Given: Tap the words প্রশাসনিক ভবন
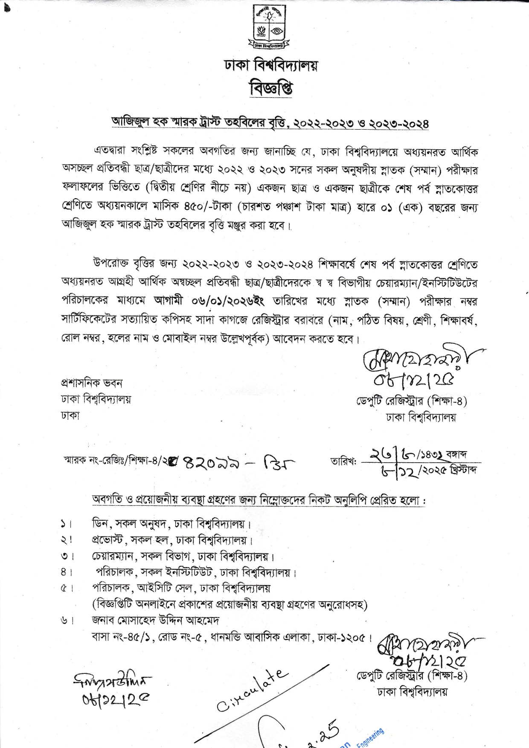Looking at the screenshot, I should (92, 383).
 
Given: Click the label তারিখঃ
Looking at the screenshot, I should (343, 461).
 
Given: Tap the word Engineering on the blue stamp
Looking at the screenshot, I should (370, 737).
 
